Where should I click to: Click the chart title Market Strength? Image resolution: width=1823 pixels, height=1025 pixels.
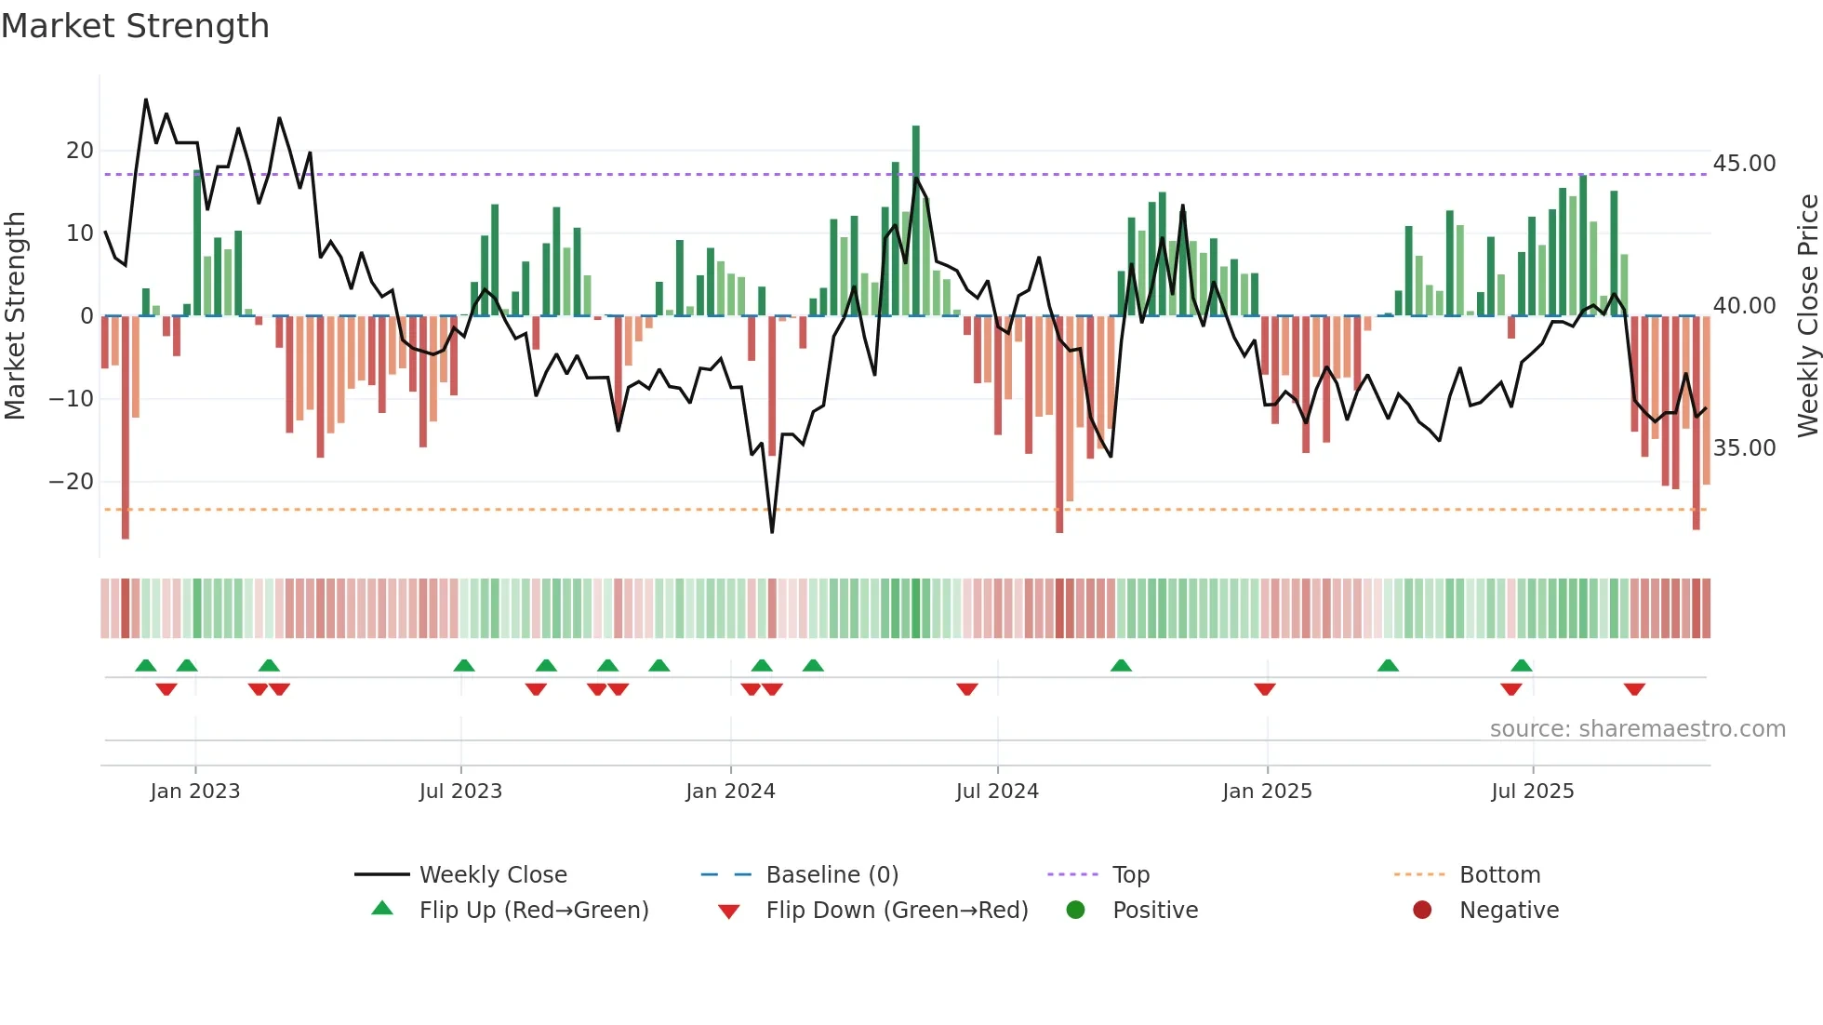point(135,26)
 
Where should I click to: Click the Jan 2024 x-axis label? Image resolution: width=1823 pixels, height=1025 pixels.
point(730,792)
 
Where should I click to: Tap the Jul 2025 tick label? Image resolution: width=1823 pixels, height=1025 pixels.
point(1532,792)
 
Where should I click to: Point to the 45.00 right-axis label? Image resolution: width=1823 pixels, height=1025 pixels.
point(1744,164)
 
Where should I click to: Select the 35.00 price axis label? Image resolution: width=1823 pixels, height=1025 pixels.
point(1744,448)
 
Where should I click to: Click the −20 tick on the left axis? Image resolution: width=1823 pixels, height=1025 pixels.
point(72,482)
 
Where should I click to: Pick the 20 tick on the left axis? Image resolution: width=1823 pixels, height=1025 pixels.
point(80,151)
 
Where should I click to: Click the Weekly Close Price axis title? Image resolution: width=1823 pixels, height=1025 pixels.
point(1807,316)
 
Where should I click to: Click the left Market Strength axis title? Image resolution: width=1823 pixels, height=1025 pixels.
point(15,316)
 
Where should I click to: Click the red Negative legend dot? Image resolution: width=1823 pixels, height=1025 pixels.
point(1422,911)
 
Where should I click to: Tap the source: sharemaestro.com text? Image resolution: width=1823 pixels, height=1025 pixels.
point(1637,729)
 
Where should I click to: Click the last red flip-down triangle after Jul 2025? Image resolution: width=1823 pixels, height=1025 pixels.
point(1634,689)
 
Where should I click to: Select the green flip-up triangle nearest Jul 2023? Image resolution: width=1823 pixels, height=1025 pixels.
point(464,665)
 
